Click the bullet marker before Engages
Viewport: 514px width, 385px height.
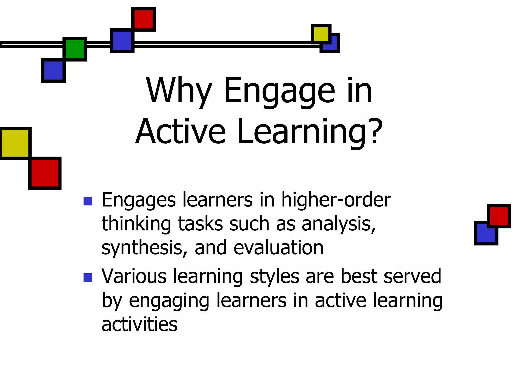point(88,201)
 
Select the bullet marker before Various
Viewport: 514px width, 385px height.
point(88,277)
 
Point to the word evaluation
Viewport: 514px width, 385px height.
point(278,248)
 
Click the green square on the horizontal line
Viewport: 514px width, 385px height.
point(75,49)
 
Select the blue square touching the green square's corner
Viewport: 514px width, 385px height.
point(53,70)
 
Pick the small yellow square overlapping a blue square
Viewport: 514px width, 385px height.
point(321,34)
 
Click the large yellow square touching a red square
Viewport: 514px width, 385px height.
point(15,143)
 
